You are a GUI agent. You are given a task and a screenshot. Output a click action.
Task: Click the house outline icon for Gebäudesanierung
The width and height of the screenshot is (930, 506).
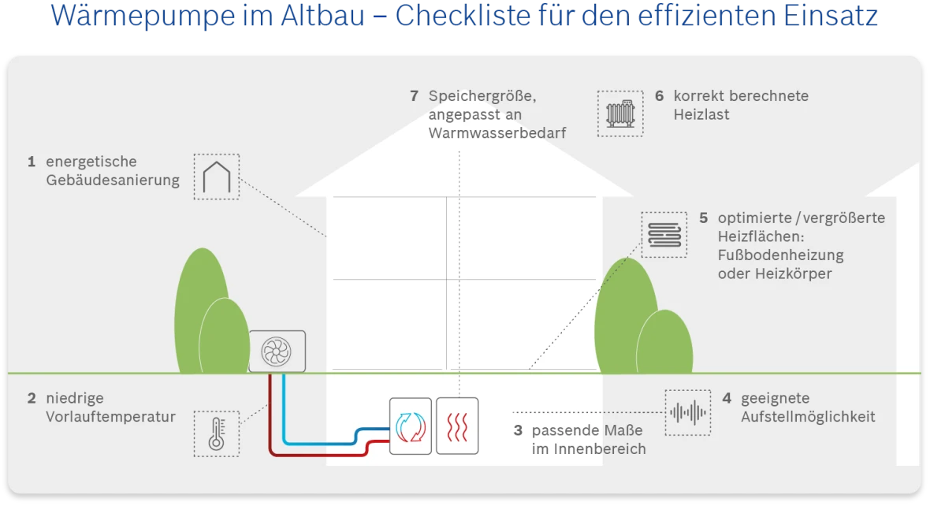point(216,177)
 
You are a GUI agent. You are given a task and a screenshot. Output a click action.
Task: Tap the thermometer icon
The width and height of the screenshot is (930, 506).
point(216,433)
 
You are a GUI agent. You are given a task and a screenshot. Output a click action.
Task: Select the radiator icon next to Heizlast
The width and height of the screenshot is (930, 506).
point(620,113)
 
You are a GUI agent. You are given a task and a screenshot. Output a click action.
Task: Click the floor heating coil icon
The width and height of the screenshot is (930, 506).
point(664,235)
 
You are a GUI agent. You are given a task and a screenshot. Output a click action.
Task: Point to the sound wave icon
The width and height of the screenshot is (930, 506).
point(687,412)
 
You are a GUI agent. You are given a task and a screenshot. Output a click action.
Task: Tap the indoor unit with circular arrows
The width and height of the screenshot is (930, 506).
point(411,426)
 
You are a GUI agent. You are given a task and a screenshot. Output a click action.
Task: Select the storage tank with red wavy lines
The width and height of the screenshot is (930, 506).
point(457,426)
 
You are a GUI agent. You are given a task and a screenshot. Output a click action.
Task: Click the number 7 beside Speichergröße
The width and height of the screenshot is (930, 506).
point(414,96)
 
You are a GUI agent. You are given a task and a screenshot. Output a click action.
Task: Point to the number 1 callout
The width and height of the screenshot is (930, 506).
point(32,162)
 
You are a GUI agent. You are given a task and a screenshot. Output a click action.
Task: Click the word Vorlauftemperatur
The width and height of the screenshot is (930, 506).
point(110,417)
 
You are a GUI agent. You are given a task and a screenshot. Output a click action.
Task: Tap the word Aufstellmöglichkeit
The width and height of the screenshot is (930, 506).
point(808,417)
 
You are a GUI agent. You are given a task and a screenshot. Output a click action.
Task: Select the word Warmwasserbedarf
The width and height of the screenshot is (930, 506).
point(497,133)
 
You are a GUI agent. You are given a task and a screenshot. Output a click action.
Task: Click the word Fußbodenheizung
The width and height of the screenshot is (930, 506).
point(780,255)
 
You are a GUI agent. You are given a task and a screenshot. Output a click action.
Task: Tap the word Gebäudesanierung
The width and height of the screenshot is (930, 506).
point(113,180)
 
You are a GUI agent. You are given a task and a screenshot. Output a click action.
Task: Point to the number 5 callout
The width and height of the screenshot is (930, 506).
point(704,218)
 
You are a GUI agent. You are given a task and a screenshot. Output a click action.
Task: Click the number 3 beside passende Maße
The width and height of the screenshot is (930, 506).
point(518,431)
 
